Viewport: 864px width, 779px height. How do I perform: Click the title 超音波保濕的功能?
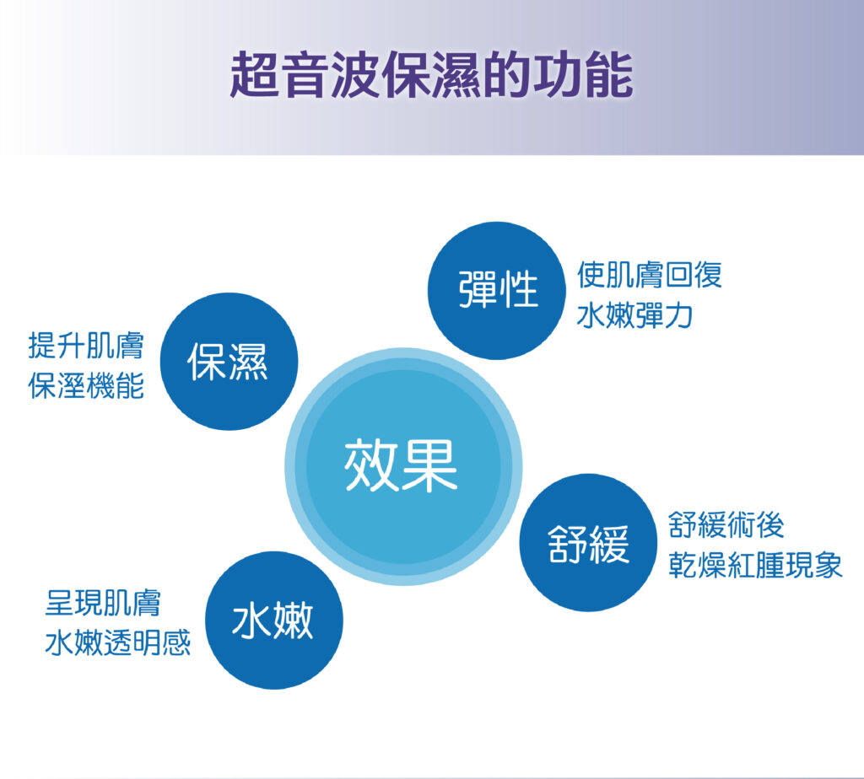tap(431, 75)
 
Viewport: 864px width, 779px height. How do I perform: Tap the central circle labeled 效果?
tap(403, 466)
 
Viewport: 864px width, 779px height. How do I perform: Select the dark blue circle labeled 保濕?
tap(229, 361)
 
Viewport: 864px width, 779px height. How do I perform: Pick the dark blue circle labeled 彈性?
tap(497, 291)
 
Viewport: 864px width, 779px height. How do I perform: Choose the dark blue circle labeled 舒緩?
tap(588, 542)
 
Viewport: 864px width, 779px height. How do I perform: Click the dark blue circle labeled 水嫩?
tap(274, 620)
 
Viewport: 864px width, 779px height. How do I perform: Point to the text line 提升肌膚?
tap(86, 346)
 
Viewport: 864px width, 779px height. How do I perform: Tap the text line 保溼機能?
tap(86, 385)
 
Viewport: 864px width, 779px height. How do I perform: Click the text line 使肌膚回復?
tap(649, 275)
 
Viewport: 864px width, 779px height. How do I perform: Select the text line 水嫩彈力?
tap(634, 315)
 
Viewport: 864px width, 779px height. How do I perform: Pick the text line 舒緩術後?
tap(726, 524)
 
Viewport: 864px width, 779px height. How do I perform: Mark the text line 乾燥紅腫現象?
tap(755, 565)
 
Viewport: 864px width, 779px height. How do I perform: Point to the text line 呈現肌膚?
tap(103, 602)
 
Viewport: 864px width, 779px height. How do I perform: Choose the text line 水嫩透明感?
tap(118, 643)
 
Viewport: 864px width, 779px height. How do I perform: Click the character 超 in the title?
tap(255, 75)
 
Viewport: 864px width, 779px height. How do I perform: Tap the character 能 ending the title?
tap(608, 75)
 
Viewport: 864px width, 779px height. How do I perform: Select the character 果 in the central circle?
tap(430, 465)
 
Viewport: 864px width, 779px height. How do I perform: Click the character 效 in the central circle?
tap(372, 465)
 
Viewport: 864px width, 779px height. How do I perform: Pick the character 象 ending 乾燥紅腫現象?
tap(829, 565)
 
